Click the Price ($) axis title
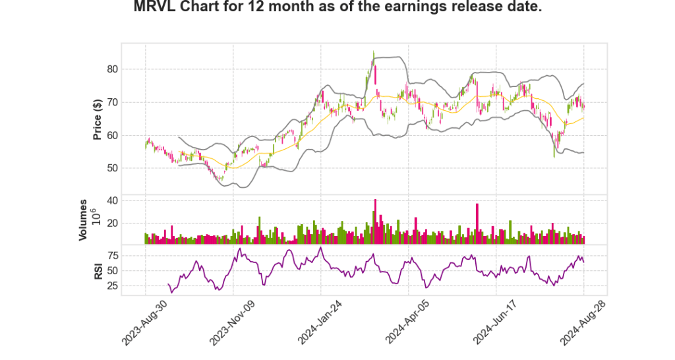coord(97,119)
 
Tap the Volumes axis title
coord(84,220)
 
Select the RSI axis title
coord(98,270)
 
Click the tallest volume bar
coord(375,222)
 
